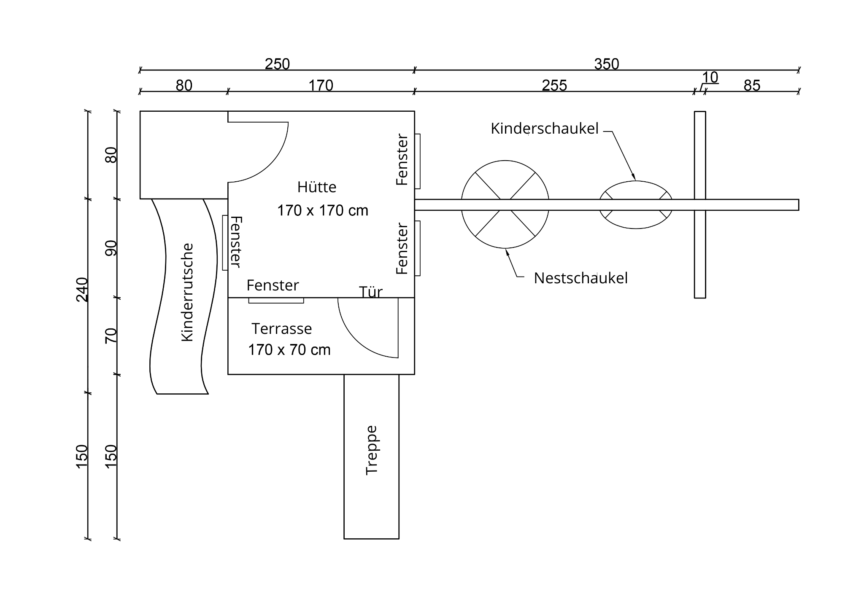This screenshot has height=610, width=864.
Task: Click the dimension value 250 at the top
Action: [277, 64]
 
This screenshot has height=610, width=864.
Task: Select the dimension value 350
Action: [607, 64]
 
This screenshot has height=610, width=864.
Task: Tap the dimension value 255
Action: [554, 86]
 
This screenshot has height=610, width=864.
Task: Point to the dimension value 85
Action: [752, 86]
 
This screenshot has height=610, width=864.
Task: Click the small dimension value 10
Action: [710, 78]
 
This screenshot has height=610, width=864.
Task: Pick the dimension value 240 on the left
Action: [82, 290]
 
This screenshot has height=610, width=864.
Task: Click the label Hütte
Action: [317, 187]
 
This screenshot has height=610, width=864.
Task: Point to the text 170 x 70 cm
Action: [289, 350]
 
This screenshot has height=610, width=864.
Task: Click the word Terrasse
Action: [282, 328]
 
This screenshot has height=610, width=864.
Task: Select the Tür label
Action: [371, 292]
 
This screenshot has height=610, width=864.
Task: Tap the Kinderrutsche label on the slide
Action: [187, 292]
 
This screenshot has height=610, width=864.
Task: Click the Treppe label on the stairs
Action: [372, 450]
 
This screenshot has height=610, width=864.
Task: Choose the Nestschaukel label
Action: [581, 278]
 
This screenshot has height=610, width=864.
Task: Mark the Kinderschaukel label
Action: [545, 129]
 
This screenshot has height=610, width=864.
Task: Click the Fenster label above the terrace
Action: [273, 285]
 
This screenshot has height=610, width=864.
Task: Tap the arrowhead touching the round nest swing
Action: [507, 252]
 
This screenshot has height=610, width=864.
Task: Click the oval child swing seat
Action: [636, 181]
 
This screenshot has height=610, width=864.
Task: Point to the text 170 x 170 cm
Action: [323, 210]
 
